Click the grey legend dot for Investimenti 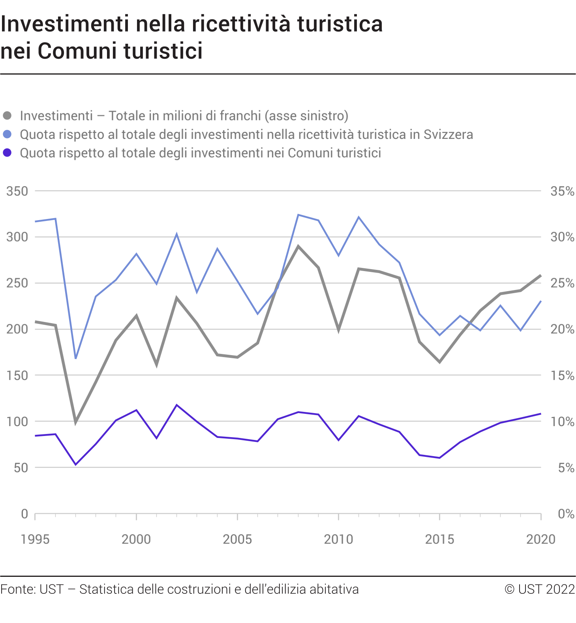coord(7,116)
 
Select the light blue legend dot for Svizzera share coord(7,134)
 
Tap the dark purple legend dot coord(7,153)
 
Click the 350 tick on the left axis coord(17,191)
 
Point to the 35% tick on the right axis coord(562,191)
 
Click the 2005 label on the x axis coord(237,539)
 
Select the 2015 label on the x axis coord(439,539)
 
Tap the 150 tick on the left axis coord(17,376)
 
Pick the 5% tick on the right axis coord(566,468)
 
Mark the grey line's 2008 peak coord(298,246)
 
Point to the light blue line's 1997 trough coord(75,358)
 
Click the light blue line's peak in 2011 coord(358,217)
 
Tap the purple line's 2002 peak coord(176,405)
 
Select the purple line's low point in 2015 coord(439,458)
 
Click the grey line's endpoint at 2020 coord(540,275)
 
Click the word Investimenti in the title coord(65,24)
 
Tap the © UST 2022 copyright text coord(540,589)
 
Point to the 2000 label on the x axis coord(136,539)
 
